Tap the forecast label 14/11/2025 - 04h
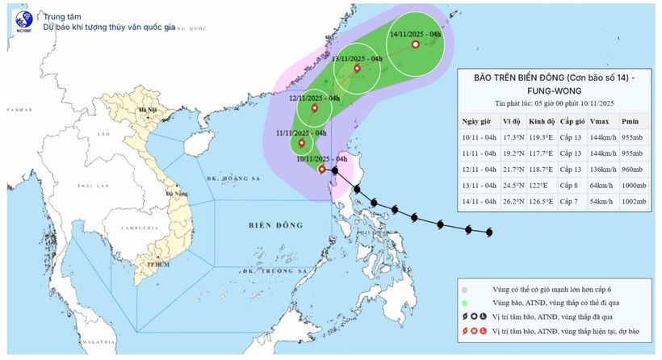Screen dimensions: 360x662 [414, 35]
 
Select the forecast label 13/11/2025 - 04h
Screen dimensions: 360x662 [357, 59]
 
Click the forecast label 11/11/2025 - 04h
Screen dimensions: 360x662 [300, 132]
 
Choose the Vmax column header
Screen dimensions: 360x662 [600, 121]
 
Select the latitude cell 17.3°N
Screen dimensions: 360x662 [512, 139]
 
